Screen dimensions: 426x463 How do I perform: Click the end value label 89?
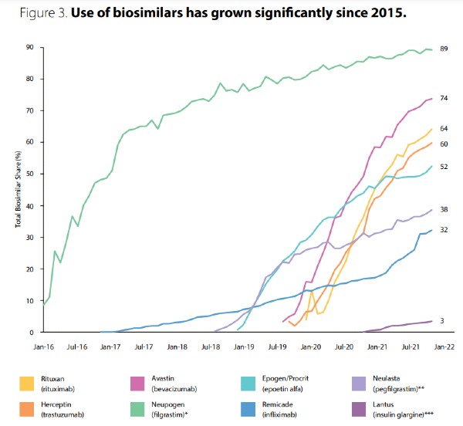444,49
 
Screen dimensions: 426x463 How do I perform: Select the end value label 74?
444,98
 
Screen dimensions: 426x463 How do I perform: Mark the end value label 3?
443,320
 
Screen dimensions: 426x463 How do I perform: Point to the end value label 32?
444,229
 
